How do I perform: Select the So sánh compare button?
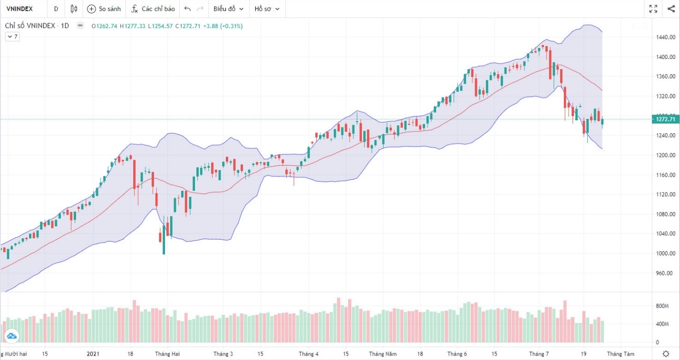104,9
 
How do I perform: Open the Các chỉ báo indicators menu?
154,9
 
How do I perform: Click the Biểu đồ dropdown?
228,9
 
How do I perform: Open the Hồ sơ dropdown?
267,9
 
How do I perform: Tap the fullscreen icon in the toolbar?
653,9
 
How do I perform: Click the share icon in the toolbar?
671,9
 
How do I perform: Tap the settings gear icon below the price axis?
666,354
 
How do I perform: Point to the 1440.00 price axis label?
666,37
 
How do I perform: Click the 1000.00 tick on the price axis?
666,253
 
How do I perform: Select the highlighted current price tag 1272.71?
665,119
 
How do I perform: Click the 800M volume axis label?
663,306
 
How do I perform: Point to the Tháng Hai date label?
167,354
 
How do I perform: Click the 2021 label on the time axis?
93,354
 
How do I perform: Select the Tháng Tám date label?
621,354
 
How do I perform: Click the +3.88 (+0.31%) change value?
223,26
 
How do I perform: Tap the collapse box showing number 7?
12,37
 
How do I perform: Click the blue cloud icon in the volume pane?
11,336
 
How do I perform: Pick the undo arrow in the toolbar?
187,9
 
